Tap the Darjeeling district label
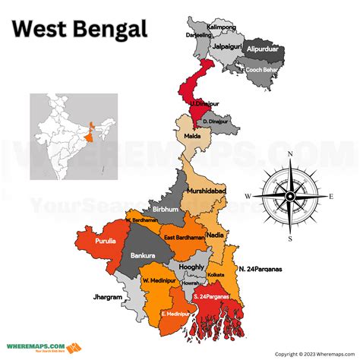coord(199,35)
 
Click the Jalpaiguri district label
coord(226,45)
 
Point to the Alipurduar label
coord(267,47)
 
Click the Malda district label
coord(192,137)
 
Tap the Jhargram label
coord(107,297)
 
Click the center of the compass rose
coord(289,196)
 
